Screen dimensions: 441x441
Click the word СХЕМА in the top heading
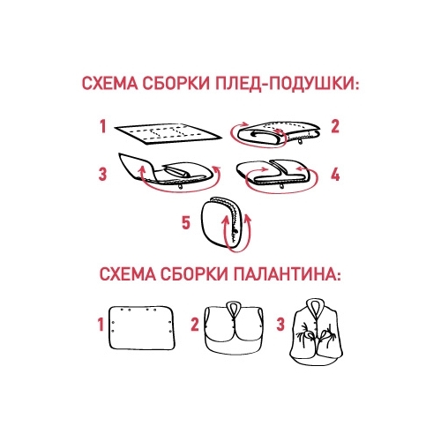pyautogui.click(x=109, y=84)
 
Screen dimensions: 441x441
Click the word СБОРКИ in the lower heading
pyautogui.click(x=194, y=274)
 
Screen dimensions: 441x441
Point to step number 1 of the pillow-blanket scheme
pyautogui.click(x=102, y=127)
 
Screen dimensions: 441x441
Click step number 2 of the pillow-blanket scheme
pyautogui.click(x=335, y=126)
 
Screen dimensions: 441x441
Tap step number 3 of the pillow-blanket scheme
pyautogui.click(x=102, y=174)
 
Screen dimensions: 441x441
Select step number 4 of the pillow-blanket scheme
pyautogui.click(x=335, y=175)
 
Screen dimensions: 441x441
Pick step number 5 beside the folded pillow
pyautogui.click(x=186, y=222)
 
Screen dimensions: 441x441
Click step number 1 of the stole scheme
pyautogui.click(x=101, y=325)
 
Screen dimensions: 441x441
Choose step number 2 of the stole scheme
pyautogui.click(x=195, y=325)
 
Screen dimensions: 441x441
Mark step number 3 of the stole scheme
pyautogui.click(x=280, y=325)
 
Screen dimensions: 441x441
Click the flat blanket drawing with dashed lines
pyautogui.click(x=168, y=134)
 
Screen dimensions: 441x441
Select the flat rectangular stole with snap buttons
pyautogui.click(x=142, y=328)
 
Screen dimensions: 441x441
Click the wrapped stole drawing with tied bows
pyautogui.click(x=317, y=333)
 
